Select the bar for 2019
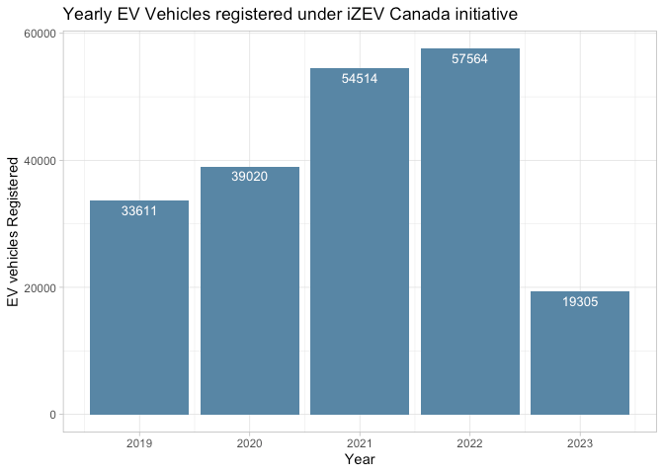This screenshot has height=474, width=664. tap(139, 307)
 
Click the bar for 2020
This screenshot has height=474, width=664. tap(249, 290)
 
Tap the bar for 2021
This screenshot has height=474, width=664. tap(360, 241)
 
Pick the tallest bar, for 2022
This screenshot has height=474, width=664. tap(469, 231)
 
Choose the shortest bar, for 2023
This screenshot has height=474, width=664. tap(580, 353)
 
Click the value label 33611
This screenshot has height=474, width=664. tap(139, 211)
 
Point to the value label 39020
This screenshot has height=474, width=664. tap(249, 177)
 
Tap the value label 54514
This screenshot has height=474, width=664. tap(360, 79)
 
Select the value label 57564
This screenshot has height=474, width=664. tap(469, 59)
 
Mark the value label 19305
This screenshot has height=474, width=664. tap(580, 302)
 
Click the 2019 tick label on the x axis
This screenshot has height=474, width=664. tap(139, 444)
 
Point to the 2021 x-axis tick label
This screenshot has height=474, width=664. tap(360, 444)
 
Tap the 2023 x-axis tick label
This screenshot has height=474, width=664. tap(580, 444)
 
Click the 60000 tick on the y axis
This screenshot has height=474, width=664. tap(40, 34)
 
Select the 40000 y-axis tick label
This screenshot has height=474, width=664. tap(40, 161)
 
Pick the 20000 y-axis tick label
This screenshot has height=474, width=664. tap(40, 287)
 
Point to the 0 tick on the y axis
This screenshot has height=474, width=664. tap(53, 415)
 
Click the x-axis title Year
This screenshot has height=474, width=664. tap(360, 460)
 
